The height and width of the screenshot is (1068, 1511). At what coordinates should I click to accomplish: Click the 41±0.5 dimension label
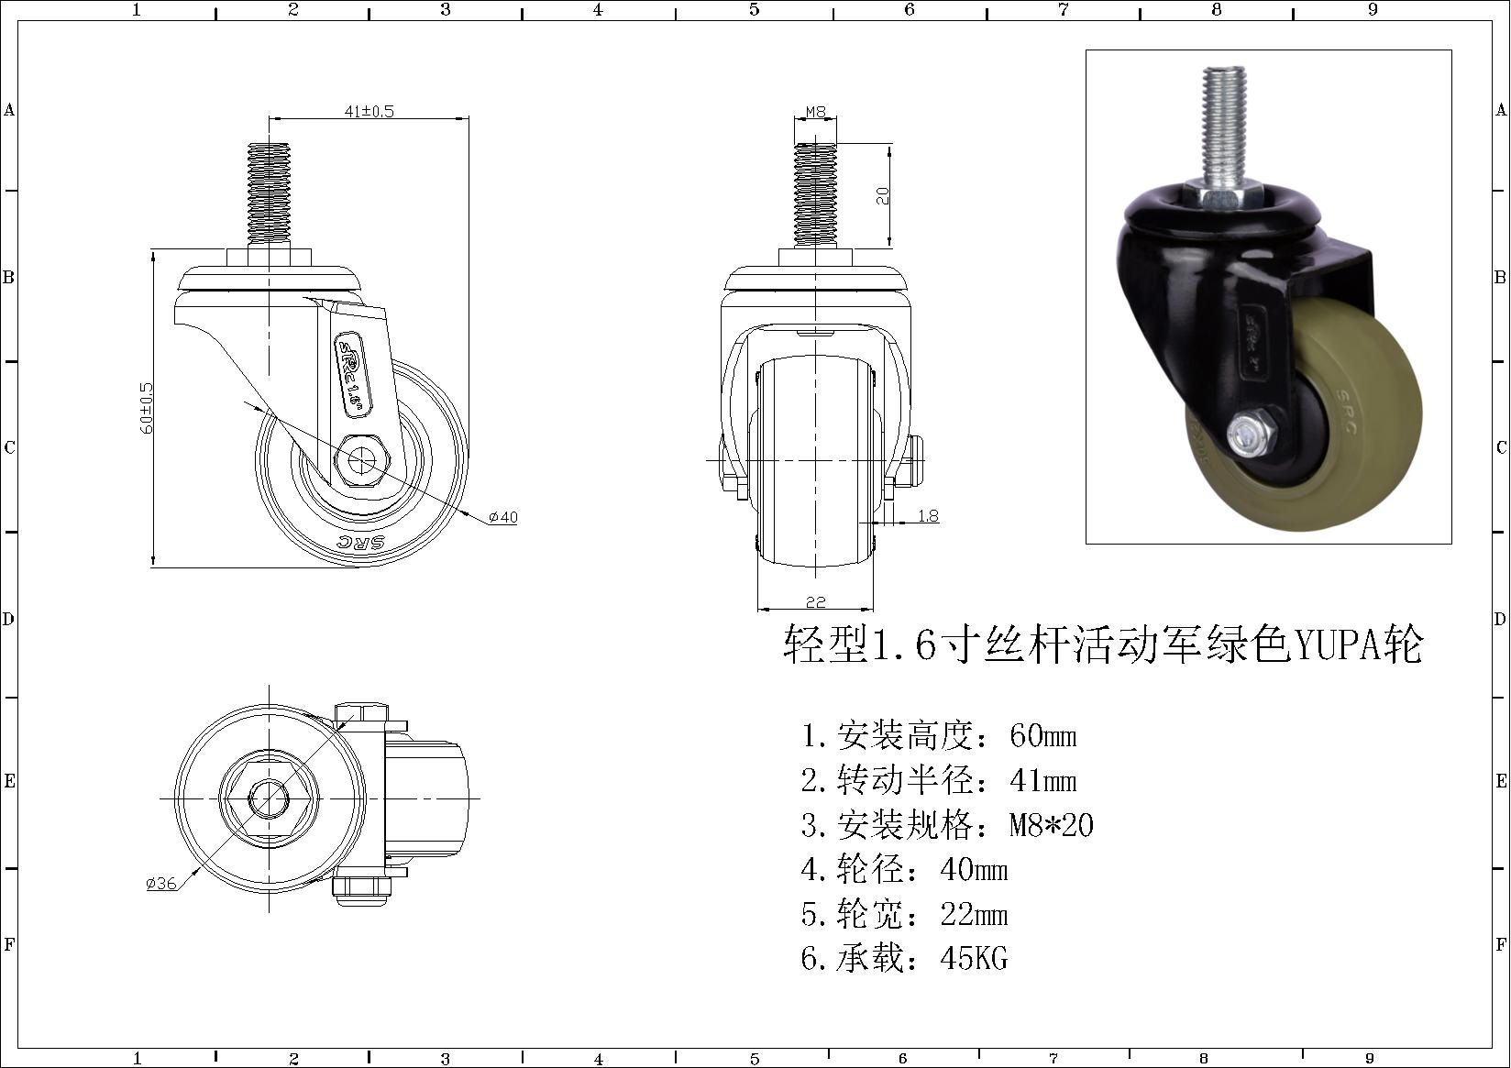tap(369, 111)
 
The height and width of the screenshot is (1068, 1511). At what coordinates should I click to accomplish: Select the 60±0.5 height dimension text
tap(147, 408)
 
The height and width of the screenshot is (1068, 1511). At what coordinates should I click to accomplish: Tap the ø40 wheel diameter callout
tap(503, 517)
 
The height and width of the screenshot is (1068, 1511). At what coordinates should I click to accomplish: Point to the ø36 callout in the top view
tap(161, 883)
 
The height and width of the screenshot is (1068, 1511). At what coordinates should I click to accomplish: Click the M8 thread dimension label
tap(815, 111)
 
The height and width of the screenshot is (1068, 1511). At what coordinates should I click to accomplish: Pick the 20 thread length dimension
tap(882, 195)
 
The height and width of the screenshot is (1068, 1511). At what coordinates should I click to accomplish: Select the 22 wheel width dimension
tap(815, 601)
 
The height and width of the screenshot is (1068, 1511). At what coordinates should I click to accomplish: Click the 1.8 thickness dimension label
tap(928, 515)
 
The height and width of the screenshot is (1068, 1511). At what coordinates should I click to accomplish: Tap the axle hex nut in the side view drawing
tap(361, 461)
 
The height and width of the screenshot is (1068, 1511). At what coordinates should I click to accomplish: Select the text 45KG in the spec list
tap(974, 958)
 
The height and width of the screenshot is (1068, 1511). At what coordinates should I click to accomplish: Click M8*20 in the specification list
tap(1051, 824)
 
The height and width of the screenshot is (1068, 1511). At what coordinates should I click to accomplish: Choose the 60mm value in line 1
tap(1042, 734)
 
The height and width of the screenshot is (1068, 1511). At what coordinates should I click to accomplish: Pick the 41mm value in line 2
tap(1042, 780)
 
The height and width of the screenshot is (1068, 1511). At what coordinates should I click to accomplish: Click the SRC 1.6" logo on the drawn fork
tap(354, 375)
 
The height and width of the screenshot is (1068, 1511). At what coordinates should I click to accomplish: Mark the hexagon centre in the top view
tap(270, 798)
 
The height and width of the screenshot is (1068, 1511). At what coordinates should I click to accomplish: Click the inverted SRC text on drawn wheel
tap(361, 543)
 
